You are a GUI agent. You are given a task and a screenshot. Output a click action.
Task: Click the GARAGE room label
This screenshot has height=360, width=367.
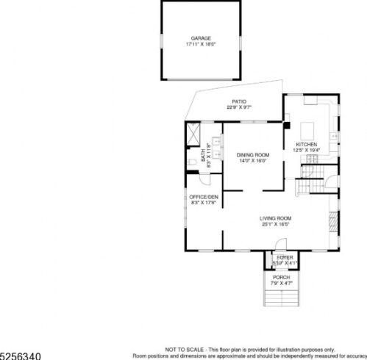[201, 37]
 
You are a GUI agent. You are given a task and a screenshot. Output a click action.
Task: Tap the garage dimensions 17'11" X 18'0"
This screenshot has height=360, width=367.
[201, 44]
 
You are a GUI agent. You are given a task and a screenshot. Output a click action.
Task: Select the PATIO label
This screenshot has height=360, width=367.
[239, 102]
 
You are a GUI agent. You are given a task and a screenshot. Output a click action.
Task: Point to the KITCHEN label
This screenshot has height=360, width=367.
[307, 144]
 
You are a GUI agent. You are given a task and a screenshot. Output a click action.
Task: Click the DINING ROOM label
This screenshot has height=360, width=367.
[252, 155]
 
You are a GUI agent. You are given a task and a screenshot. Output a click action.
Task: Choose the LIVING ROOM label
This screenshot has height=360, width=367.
[276, 218]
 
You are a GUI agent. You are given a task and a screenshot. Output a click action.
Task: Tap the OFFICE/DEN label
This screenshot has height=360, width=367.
[204, 197]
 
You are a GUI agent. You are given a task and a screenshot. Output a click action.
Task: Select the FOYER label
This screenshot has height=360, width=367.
[285, 258]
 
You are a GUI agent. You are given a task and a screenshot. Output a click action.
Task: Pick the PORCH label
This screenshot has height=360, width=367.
[282, 277]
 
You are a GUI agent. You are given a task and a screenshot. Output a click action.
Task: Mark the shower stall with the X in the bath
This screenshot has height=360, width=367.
[195, 133]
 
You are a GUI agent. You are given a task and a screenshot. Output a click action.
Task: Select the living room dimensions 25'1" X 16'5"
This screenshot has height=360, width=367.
[276, 225]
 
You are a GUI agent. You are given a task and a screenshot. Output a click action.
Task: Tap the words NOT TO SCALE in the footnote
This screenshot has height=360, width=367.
[179, 349]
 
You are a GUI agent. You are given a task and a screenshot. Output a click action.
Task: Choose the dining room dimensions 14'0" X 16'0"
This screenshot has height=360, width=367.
[252, 162]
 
